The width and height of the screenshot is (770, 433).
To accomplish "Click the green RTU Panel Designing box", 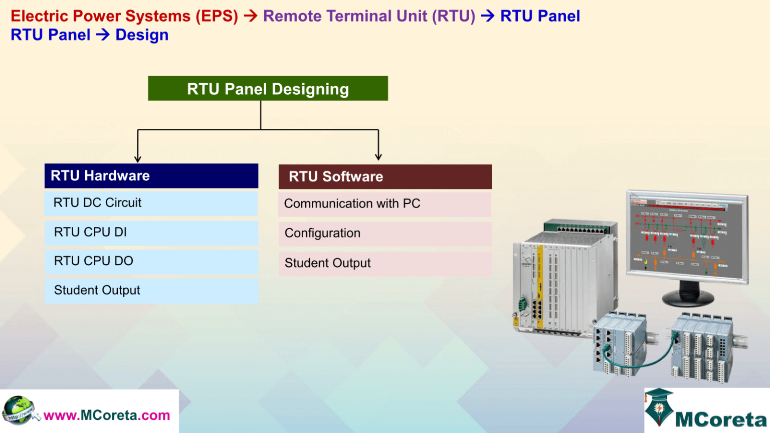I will click(268, 89).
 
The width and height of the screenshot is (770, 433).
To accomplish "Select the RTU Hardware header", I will click(151, 176).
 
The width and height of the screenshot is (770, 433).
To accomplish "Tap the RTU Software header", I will click(384, 177).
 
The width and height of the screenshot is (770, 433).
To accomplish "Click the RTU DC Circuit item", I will click(151, 203).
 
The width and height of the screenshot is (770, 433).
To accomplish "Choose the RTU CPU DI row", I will click(151, 233).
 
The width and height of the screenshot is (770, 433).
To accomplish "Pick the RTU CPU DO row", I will click(151, 261).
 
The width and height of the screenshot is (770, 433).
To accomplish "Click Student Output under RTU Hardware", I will click(151, 291).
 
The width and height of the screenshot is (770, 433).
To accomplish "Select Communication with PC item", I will click(384, 204).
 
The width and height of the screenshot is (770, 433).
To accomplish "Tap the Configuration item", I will click(384, 234).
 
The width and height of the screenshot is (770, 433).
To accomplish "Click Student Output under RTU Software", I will click(384, 264).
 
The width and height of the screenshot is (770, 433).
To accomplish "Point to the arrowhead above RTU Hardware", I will click(138, 158).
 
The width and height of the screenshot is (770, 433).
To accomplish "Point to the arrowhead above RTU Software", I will click(378, 156).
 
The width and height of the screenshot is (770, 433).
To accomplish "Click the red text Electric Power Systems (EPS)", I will click(124, 16).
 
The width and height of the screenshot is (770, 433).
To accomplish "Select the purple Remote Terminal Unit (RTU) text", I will click(369, 16).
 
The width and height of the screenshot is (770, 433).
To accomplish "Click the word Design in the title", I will click(142, 35).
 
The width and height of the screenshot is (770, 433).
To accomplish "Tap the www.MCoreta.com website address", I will click(107, 415).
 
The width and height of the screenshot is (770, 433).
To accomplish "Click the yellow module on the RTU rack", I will click(540, 286).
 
